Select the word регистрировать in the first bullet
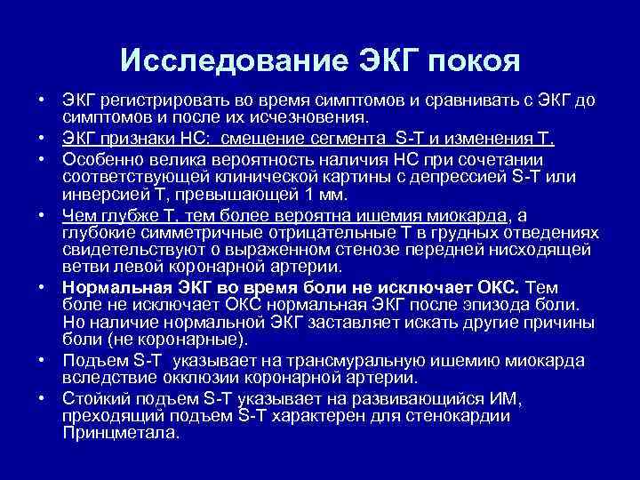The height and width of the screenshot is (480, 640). click(155, 101)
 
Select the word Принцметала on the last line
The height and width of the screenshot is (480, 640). click(121, 433)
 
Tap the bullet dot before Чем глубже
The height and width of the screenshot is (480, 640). click(44, 216)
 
